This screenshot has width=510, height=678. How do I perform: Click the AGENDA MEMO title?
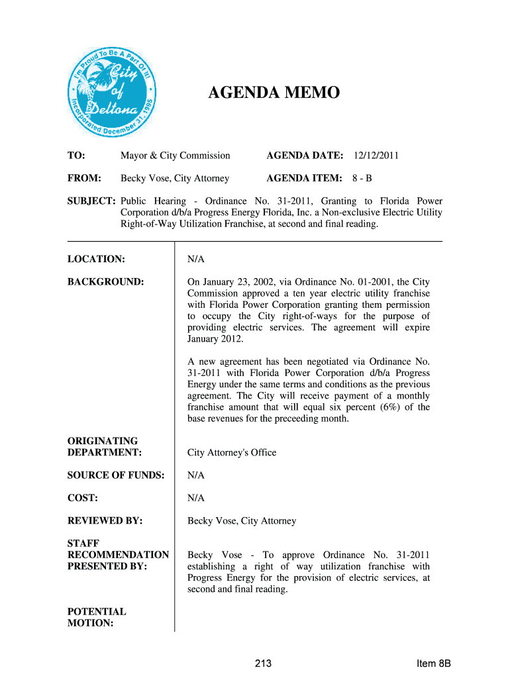pyautogui.click(x=274, y=92)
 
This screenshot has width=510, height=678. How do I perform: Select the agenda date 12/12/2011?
pyautogui.click(x=376, y=156)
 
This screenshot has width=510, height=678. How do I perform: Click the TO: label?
pyautogui.click(x=76, y=156)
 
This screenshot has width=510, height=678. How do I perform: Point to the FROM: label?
pyautogui.click(x=84, y=178)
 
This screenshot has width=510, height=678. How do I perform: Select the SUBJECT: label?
pyautogui.click(x=91, y=201)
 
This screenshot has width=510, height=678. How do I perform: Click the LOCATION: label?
pyautogui.click(x=96, y=259)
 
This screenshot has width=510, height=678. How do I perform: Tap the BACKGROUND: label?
pyautogui.click(x=105, y=282)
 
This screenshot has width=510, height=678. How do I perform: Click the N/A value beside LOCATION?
pyautogui.click(x=196, y=259)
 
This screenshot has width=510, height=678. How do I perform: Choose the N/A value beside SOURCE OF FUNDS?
pyautogui.click(x=196, y=475)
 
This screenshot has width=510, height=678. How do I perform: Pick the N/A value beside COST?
pyautogui.click(x=196, y=498)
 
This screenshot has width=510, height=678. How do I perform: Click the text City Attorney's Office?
pyautogui.click(x=232, y=453)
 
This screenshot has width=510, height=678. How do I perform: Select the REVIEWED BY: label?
pyautogui.click(x=105, y=521)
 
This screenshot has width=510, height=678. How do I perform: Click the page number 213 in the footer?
pyautogui.click(x=263, y=664)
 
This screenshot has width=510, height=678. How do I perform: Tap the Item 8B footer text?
pyautogui.click(x=434, y=664)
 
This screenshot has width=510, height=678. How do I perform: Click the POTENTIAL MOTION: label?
pyautogui.click(x=97, y=617)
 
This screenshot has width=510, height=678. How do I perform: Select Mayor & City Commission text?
pyautogui.click(x=175, y=156)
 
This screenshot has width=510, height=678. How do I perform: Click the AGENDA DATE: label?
pyautogui.click(x=305, y=156)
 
